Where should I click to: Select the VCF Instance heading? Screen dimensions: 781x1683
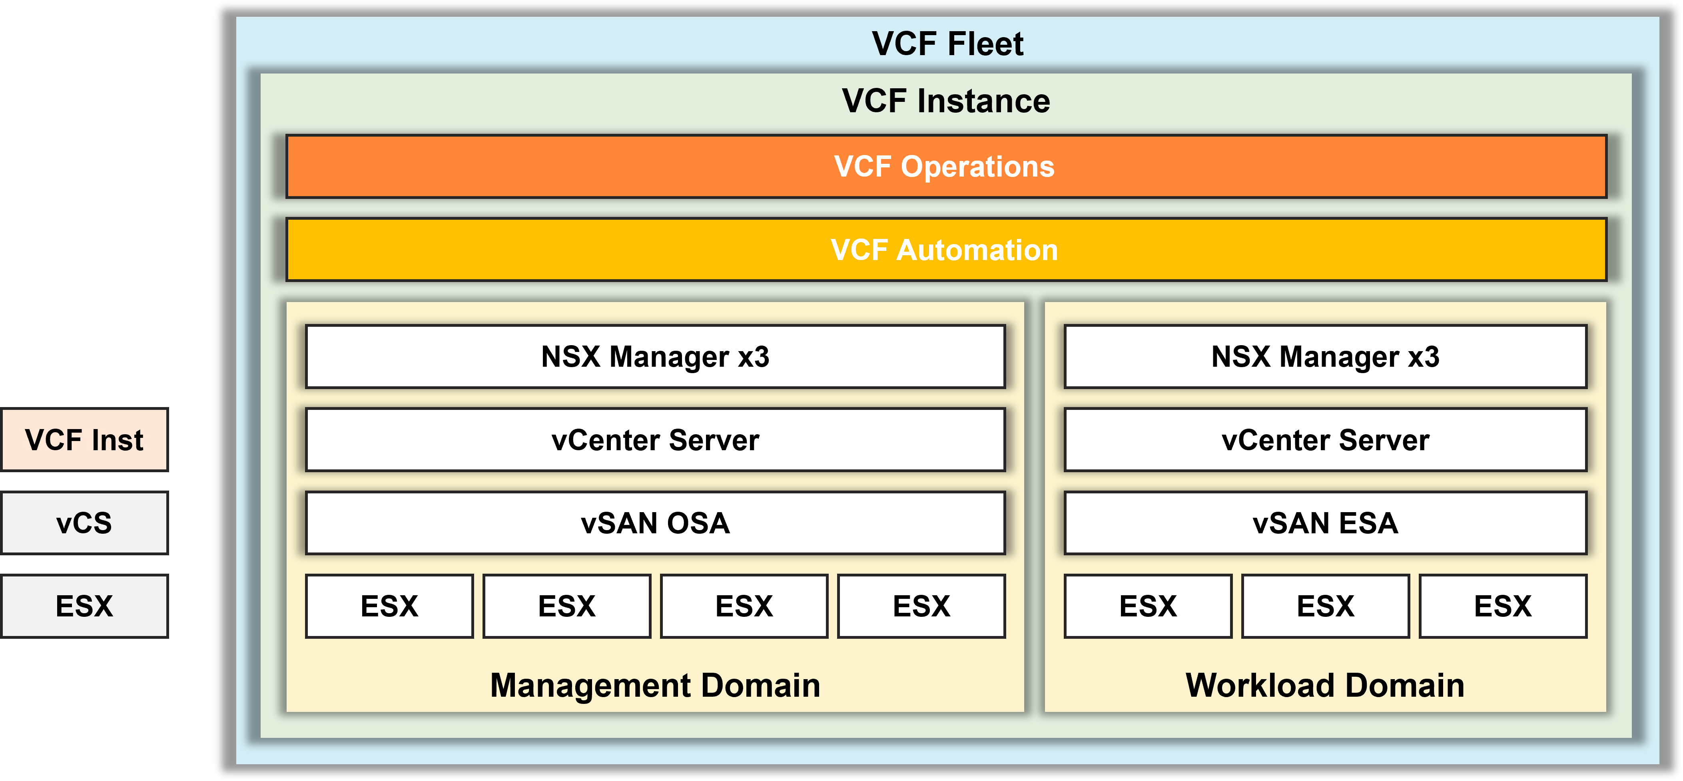coord(945,101)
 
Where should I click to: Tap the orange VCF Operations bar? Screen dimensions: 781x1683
coord(945,167)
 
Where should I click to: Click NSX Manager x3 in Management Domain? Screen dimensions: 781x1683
coord(655,356)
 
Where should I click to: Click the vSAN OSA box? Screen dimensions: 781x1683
coord(655,523)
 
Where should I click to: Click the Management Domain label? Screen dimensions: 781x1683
coord(655,686)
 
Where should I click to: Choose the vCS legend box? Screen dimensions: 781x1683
coord(84,523)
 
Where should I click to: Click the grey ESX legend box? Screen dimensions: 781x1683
coord(84,606)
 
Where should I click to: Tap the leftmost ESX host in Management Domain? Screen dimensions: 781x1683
coord(389,606)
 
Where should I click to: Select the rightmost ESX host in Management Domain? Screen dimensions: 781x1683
coord(921,606)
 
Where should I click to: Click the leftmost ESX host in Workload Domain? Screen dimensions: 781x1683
coord(1148,606)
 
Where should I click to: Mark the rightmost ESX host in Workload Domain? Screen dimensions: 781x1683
coord(1503,606)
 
